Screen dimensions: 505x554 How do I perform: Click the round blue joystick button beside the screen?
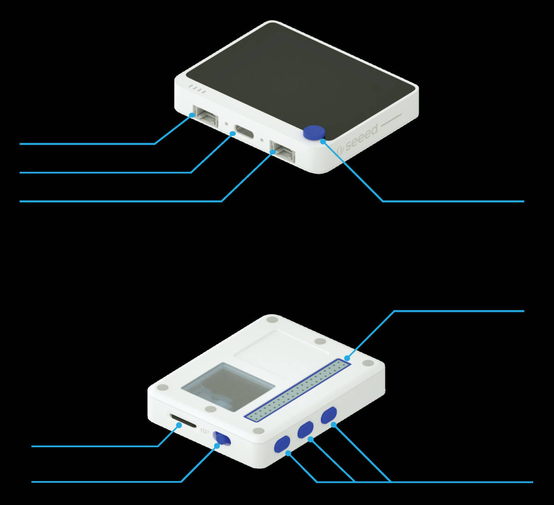pos(313,132)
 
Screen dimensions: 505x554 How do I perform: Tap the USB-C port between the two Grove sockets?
pos(244,132)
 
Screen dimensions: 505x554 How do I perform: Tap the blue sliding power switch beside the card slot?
pos(222,438)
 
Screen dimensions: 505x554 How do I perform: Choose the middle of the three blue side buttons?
pos(305,430)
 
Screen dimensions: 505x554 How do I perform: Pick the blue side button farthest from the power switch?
pos(329,415)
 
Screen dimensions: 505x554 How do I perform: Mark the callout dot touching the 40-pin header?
pos(347,358)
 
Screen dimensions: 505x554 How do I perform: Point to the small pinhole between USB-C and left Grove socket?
pos(227,124)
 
